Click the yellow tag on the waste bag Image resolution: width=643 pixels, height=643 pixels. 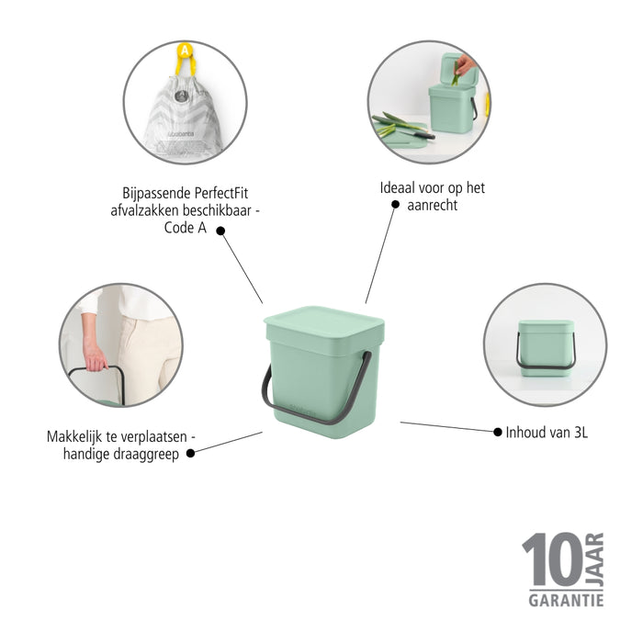[x=186, y=55]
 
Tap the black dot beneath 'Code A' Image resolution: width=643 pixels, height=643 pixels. [x=220, y=231]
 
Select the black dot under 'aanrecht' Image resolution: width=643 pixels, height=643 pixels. [x=395, y=205]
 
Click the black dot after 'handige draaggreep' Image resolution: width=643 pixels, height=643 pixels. [x=191, y=452]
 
